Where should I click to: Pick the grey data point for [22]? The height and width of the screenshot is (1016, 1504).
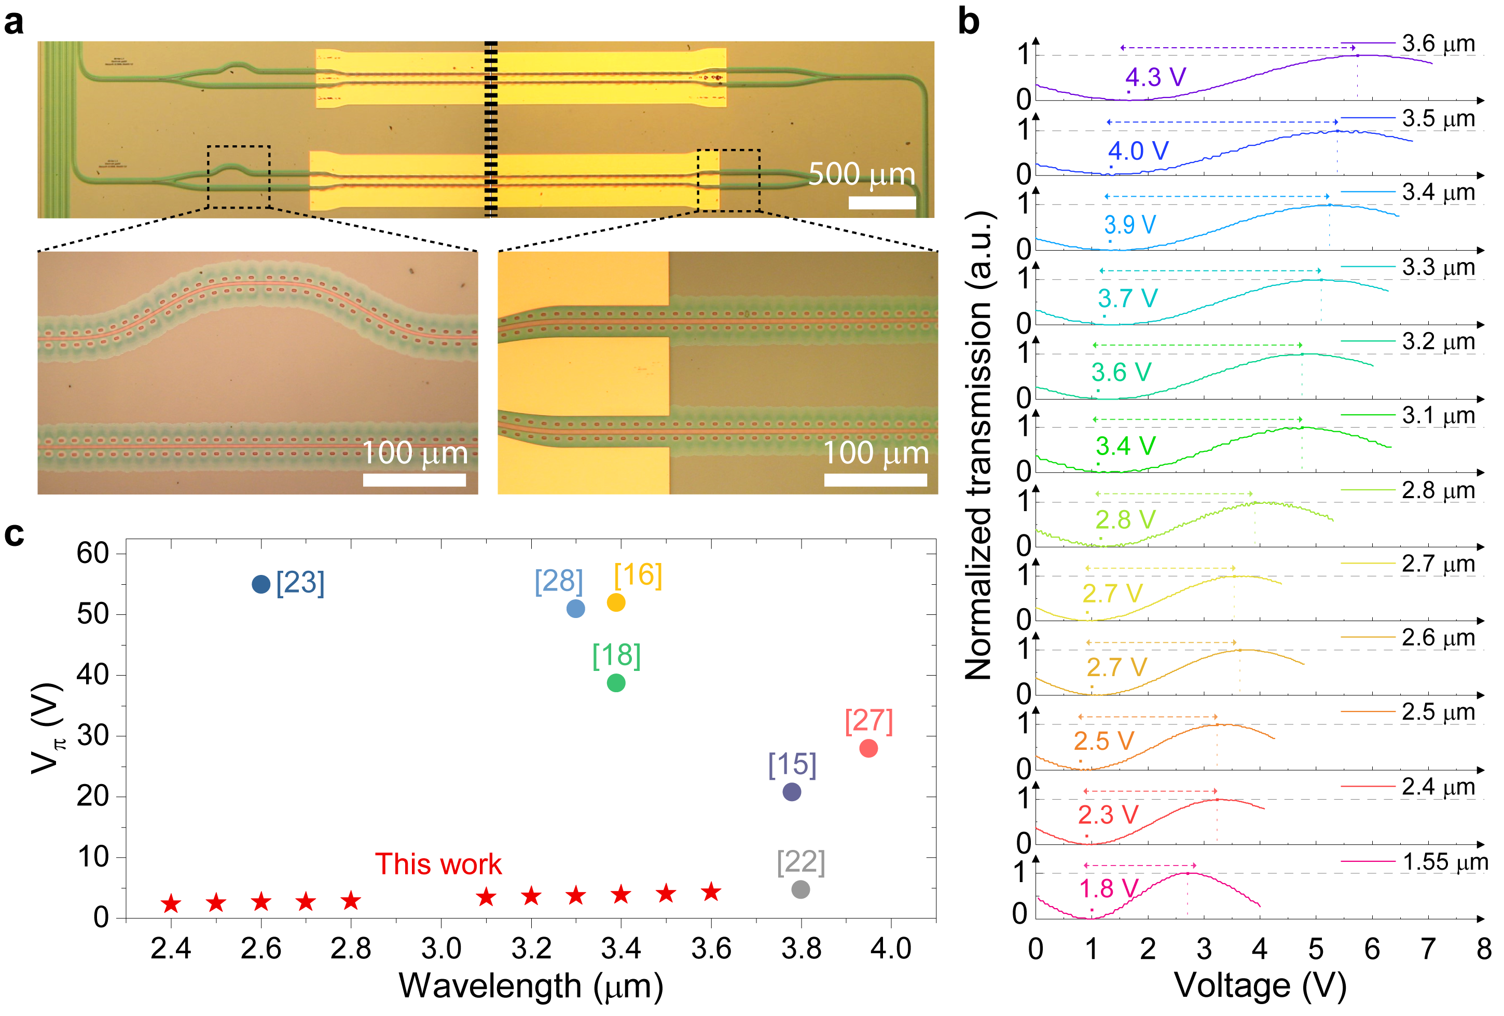800,889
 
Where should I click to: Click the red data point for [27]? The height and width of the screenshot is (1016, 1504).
868,748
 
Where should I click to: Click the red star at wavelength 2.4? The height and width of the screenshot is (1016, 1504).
171,903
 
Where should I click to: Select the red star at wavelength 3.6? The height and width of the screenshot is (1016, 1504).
711,892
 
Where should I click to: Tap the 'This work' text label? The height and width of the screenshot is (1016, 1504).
438,864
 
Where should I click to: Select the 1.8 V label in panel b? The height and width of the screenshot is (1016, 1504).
1109,888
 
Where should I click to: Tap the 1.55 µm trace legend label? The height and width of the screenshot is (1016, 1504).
1445,862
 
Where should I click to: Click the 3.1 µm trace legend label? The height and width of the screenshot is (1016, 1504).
1438,416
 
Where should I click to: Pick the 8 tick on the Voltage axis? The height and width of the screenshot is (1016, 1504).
1483,949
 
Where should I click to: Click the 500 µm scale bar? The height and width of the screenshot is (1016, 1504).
881,202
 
